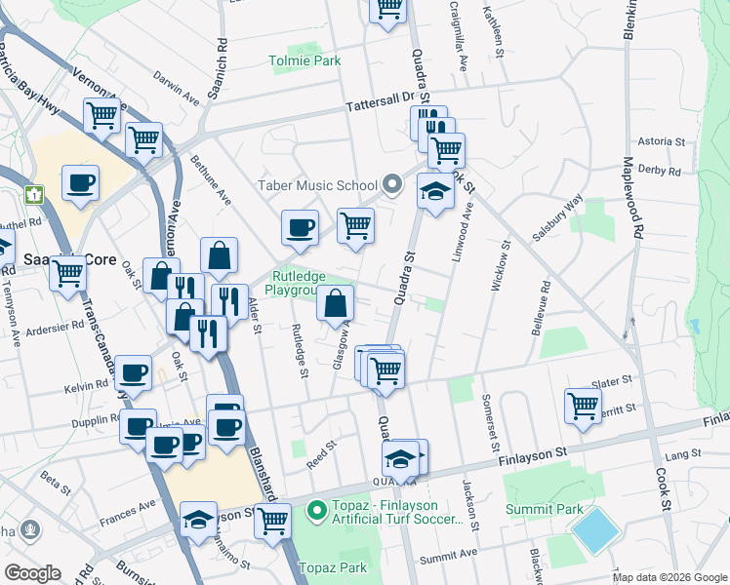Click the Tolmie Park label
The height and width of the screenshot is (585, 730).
pos(305,60)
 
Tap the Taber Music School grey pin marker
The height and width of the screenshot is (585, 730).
pos(392,184)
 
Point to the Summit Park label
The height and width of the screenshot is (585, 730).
pos(544,509)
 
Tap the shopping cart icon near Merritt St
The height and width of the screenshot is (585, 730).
pos(583,405)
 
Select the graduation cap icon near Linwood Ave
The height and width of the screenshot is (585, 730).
pos(435,190)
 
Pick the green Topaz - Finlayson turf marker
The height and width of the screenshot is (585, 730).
pos(316,510)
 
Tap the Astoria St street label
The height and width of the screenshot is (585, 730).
pos(663,141)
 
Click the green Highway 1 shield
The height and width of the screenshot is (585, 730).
pos(35,194)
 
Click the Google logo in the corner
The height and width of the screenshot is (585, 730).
pos(32,573)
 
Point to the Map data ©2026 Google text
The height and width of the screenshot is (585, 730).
pos(670,577)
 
